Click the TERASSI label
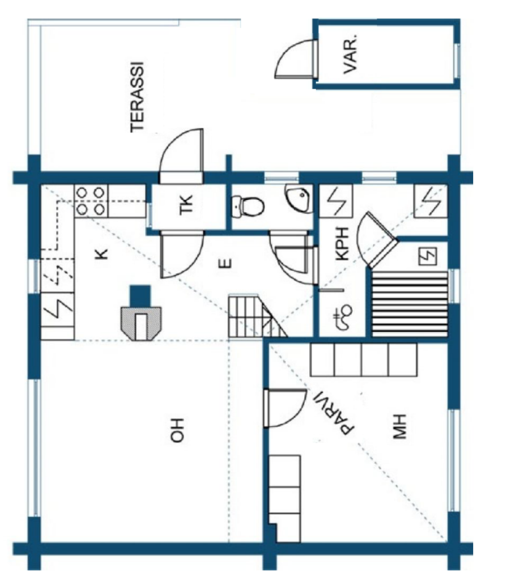137,97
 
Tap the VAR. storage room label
350,54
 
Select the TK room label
186,204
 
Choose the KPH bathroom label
342,244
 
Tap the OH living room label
177,430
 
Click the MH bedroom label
400,427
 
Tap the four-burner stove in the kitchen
90,200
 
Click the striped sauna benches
410,304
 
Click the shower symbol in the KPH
342,317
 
